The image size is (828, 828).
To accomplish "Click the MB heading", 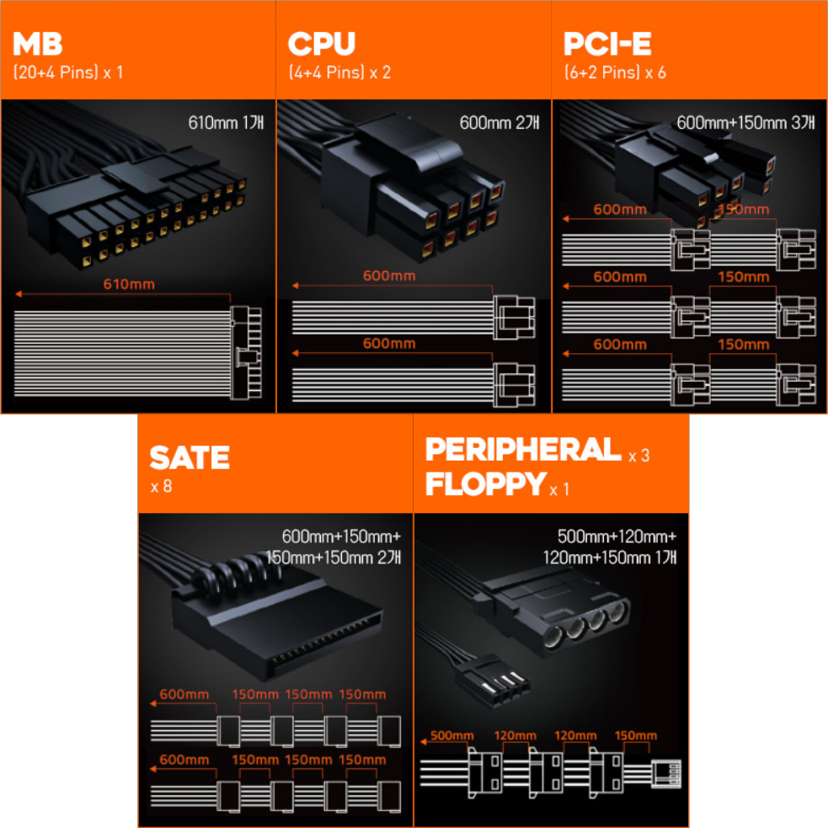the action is (x=38, y=44).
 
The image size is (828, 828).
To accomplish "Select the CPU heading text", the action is (x=322, y=44).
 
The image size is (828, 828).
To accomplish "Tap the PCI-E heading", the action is (x=607, y=44).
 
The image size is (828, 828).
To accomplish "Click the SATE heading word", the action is (x=190, y=457).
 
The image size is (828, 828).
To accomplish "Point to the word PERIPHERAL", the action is (x=523, y=450).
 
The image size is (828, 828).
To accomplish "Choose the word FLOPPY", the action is (x=485, y=483).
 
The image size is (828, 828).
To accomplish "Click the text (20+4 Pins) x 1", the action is (x=68, y=72).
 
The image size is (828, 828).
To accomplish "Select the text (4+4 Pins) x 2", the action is (x=339, y=72).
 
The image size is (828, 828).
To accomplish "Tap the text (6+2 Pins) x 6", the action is (x=615, y=72).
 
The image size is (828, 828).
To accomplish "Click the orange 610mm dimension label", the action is (x=129, y=284).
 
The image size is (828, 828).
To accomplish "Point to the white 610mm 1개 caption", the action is (x=226, y=123).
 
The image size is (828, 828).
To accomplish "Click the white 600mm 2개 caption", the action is (x=499, y=123).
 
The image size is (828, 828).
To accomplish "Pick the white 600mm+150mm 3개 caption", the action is (x=745, y=123).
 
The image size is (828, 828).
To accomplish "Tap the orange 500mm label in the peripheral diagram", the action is (x=452, y=735).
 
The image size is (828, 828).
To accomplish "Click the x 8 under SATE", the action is (x=161, y=486).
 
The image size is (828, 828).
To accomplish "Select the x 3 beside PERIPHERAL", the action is (x=639, y=456).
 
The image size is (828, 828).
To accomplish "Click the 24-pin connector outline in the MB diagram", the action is (x=246, y=353).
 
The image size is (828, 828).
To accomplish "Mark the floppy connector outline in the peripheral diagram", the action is (x=666, y=774).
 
